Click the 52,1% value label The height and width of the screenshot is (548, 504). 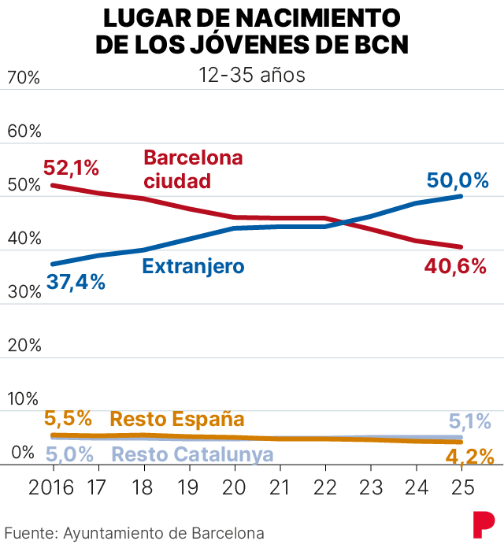72,168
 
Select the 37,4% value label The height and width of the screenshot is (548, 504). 76,281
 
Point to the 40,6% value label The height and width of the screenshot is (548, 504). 456,267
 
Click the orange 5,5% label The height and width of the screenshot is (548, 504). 68,418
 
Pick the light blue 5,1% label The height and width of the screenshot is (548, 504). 470,422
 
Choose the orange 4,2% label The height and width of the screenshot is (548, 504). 470,457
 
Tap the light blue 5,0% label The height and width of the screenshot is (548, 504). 70,454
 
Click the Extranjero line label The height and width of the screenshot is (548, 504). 193,266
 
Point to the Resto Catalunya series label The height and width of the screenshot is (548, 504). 192,454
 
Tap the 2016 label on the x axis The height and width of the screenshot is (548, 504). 51,487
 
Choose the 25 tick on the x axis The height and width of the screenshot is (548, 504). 461,487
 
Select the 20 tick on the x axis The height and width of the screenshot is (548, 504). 235,487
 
